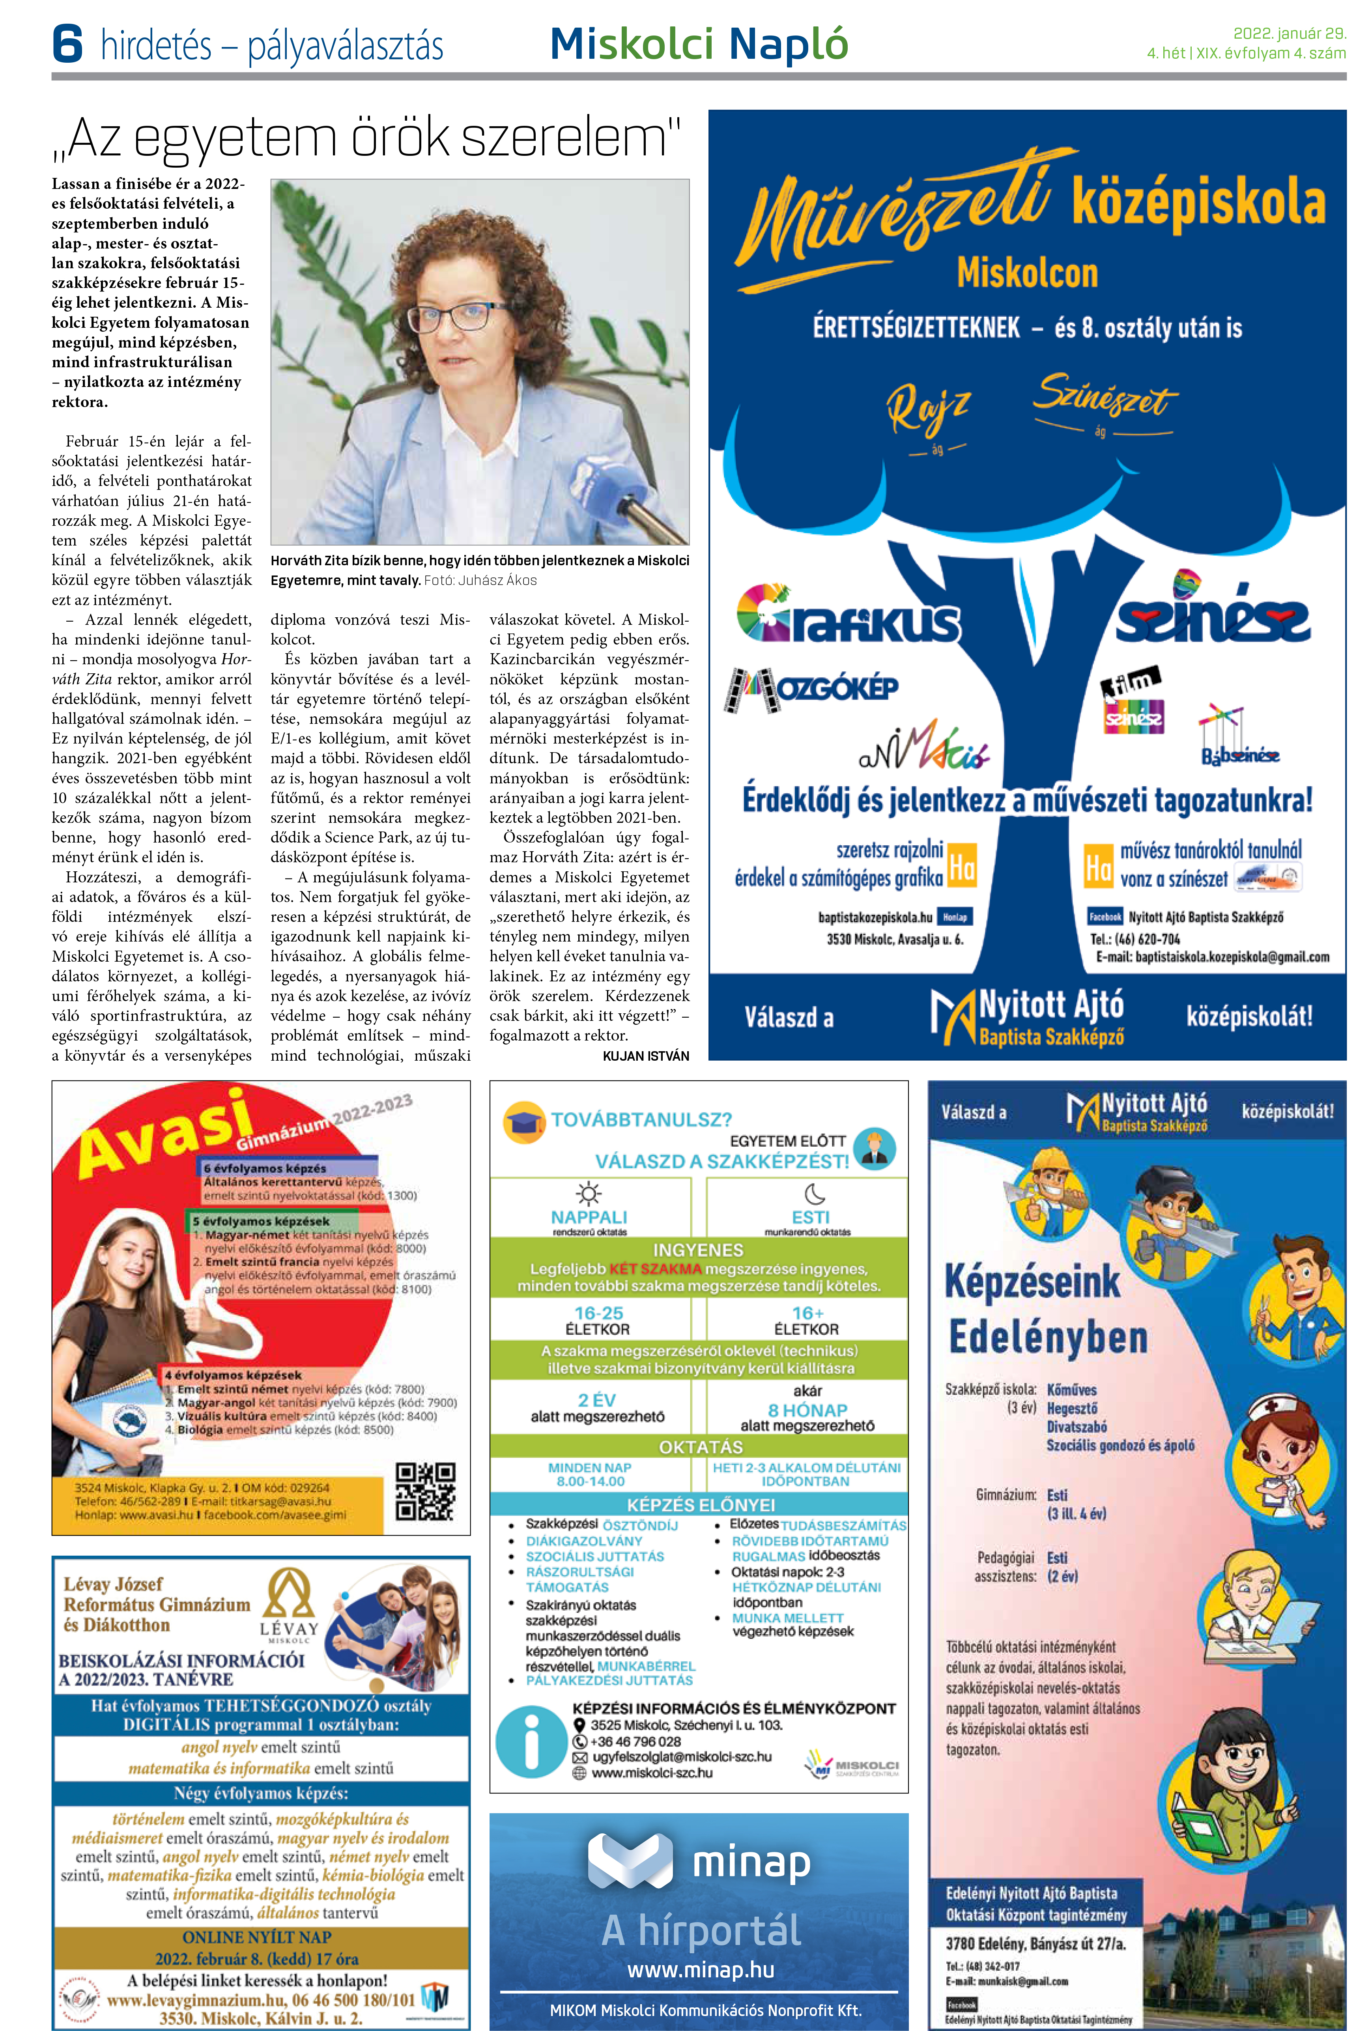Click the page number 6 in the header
coord(67,44)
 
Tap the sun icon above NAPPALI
coord(589,1193)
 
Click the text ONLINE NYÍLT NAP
coord(257,1938)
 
